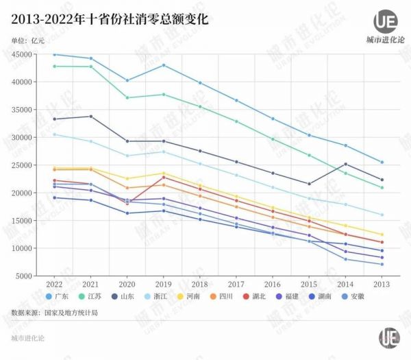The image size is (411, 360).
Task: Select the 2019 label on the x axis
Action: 162,283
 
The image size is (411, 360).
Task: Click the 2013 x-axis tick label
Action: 382,283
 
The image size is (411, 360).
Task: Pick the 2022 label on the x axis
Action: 53,283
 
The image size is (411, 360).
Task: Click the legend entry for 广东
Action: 59,296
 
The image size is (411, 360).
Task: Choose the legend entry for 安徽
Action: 351,296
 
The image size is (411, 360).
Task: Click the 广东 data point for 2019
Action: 163,65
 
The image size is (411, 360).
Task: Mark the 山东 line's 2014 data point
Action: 345,164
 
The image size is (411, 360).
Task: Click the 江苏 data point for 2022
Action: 54,67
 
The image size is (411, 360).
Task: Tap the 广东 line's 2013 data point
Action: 382,162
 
